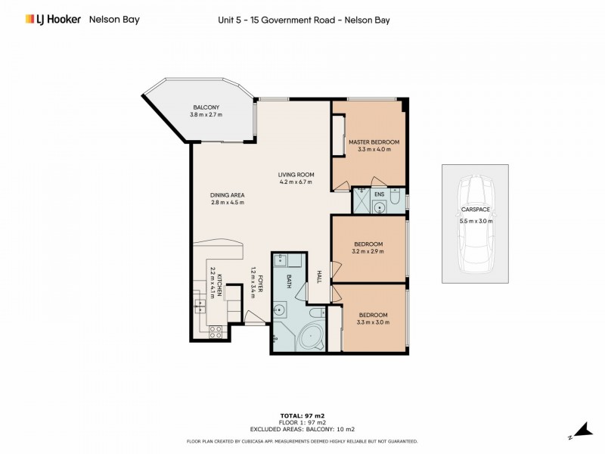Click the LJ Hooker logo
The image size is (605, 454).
(x=52, y=19)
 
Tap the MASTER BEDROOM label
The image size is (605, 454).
(x=373, y=141)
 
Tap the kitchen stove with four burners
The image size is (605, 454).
(x=215, y=330)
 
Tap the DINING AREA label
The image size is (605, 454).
(x=226, y=194)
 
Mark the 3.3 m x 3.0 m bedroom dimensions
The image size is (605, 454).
(x=373, y=322)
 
